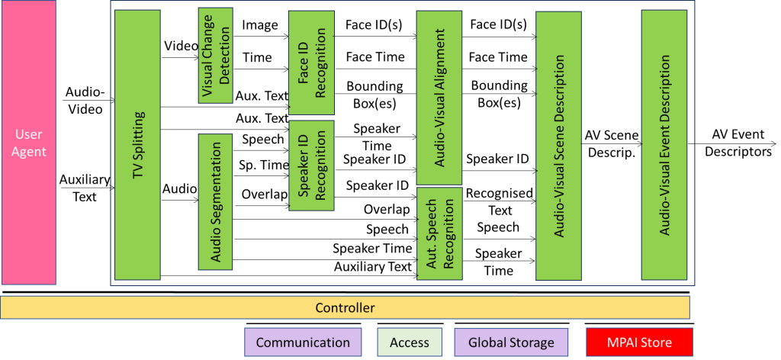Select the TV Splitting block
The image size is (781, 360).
click(137, 144)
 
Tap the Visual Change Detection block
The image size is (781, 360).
click(215, 56)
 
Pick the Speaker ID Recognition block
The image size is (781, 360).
click(311, 166)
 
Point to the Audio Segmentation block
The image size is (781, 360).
click(215, 201)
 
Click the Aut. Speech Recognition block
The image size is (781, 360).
click(439, 233)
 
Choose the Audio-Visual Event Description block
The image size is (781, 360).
click(664, 146)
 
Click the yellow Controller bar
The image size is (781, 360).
click(345, 308)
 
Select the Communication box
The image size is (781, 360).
click(303, 342)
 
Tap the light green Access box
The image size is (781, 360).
click(410, 342)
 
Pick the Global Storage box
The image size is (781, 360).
click(511, 342)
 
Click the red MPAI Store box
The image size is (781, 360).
click(639, 342)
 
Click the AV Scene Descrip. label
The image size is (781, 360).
click(612, 143)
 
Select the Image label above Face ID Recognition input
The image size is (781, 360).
click(260, 25)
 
